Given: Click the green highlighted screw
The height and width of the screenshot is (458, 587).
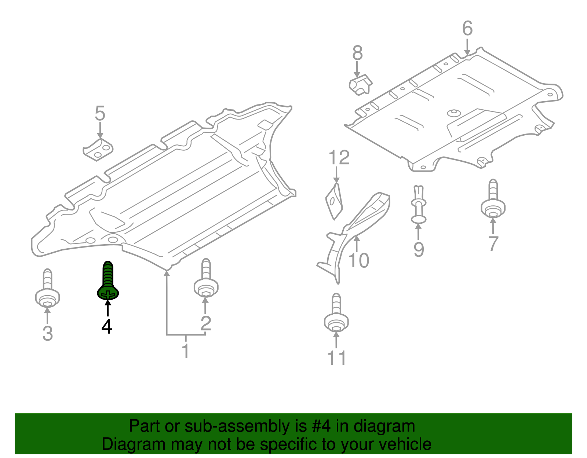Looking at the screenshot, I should coord(108,282).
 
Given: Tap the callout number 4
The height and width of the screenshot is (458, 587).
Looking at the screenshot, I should coord(107,326).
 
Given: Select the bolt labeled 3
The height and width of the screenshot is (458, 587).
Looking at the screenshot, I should coord(47,290).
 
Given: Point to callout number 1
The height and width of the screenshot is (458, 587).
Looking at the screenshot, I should coord(186,351).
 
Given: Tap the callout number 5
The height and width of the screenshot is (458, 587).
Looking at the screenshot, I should coord(100,114).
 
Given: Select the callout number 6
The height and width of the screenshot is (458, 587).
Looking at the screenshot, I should coord(467,29).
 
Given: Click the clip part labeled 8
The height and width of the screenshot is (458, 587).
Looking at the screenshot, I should coord(360,85).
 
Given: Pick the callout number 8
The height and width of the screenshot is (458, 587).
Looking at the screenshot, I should coord(357,53).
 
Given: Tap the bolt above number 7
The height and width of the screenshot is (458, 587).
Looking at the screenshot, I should coord(493,200).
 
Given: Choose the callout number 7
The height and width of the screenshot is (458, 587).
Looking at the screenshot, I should coord(493,243).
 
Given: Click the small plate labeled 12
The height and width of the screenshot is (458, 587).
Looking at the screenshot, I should coord(334,202).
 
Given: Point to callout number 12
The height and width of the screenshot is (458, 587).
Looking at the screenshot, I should coord(339,158).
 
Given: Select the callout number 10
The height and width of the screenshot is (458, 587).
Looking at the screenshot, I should coord(358,261).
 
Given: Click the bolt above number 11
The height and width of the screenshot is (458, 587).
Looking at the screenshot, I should coord(336,314).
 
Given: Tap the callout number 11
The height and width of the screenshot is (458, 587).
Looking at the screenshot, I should coord(336,358).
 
